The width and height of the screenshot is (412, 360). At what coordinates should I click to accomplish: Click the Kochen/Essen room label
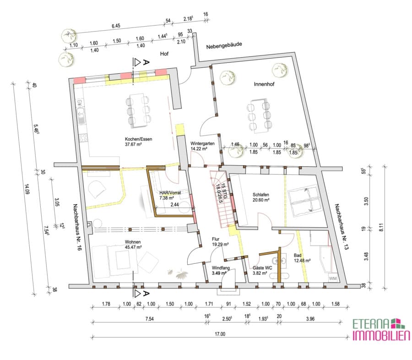click(138, 139)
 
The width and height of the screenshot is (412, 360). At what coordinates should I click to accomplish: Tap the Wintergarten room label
click(202, 143)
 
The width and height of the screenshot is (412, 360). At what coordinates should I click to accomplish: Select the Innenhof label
click(264, 84)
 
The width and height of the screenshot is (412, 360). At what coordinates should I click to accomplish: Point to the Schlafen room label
click(260, 195)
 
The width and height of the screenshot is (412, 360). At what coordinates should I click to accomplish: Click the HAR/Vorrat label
click(170, 193)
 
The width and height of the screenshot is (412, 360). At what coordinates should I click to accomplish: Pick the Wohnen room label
click(133, 242)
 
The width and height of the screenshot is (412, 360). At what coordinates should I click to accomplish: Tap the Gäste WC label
click(262, 268)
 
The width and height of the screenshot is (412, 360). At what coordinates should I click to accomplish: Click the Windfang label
click(221, 268)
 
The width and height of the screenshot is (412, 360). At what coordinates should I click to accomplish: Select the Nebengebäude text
click(224, 45)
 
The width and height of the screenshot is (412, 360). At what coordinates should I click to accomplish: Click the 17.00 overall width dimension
click(220, 334)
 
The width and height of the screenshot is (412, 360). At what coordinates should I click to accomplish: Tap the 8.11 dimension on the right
click(381, 227)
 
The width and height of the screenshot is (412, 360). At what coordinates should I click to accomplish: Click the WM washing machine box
click(333, 278)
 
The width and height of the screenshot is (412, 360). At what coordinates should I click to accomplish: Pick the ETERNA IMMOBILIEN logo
click(381, 329)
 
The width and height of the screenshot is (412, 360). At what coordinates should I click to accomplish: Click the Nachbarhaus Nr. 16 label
click(77, 227)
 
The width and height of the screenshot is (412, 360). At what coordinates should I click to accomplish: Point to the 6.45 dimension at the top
click(116, 26)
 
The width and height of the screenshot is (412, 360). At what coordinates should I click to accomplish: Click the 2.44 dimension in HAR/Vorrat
click(174, 204)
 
